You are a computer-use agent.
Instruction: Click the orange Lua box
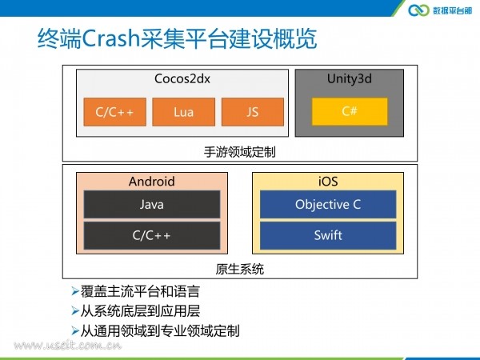pos(184,112)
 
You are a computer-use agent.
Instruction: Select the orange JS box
pos(253,112)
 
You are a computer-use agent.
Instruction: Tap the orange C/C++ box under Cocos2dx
pos(114,112)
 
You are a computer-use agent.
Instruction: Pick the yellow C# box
pos(350,111)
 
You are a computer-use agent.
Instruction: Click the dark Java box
pos(152,204)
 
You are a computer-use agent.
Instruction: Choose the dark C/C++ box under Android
pos(152,235)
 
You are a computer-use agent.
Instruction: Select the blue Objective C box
pos(328,204)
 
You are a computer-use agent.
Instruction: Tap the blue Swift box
pos(328,235)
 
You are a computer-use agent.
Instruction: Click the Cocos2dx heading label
pos(182,78)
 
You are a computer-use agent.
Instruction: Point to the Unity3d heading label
pos(350,79)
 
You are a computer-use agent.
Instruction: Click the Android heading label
pos(152,182)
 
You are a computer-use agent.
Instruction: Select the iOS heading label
pos(328,182)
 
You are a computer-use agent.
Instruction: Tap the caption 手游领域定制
pos(240,152)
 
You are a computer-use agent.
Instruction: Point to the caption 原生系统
pos(240,269)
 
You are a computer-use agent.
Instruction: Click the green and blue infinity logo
pos(418,10)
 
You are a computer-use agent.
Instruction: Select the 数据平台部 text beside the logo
pos(452,10)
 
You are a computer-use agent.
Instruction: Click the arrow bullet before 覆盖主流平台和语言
pos(75,291)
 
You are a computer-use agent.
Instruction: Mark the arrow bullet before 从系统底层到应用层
pos(75,311)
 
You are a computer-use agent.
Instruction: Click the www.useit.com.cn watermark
pos(68,346)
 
